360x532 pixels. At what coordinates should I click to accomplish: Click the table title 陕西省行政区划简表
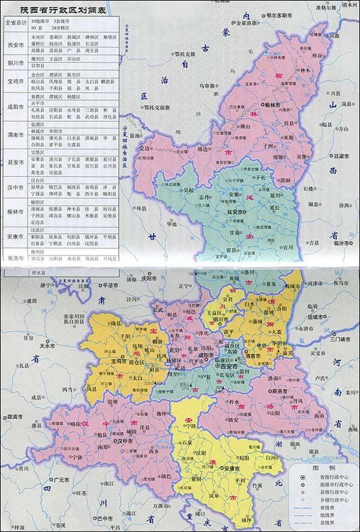(58, 10)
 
